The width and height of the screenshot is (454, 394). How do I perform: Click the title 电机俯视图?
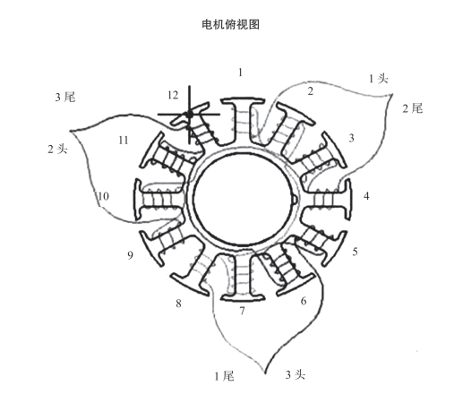pos(230,24)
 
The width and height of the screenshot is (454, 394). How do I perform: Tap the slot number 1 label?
pos(240,73)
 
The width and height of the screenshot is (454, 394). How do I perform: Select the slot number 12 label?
pos(173,95)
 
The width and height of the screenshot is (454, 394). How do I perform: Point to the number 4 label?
pos(366,196)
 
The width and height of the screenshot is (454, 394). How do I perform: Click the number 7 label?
pos(242,311)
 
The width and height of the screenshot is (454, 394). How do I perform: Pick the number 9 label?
pos(130,255)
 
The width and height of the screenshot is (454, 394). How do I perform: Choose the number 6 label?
pos(304,301)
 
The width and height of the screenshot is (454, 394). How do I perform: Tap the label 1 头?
pos(379,79)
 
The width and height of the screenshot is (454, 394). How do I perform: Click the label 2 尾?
pos(413,108)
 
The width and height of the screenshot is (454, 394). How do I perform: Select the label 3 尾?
pos(65,97)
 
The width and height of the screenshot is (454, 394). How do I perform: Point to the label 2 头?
pos(57,149)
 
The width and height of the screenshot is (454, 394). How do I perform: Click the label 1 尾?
pos(224,376)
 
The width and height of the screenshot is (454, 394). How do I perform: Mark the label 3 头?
pos(296,374)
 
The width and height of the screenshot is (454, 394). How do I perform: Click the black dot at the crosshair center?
pos(189,114)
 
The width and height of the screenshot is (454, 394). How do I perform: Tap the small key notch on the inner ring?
pos(295,201)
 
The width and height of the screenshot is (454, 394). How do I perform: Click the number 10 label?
pos(103,196)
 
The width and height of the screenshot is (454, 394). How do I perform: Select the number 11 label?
pos(124,141)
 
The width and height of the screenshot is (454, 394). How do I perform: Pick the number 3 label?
pos(351,138)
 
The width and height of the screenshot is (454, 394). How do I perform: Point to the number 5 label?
pos(355,252)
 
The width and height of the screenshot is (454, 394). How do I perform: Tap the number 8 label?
pos(178,304)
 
